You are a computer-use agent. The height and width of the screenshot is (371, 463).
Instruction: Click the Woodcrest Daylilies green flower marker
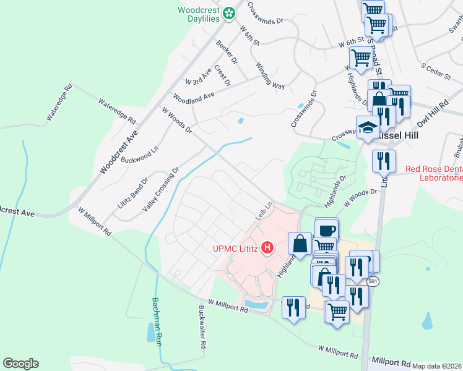click(230, 12)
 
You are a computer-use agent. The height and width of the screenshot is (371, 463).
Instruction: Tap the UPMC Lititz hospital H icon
click(268, 249)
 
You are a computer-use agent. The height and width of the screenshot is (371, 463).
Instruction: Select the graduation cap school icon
click(368, 127)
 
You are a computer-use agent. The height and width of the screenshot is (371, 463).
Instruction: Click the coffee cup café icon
click(327, 230)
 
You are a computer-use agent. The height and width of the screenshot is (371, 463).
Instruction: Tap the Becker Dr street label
click(227, 53)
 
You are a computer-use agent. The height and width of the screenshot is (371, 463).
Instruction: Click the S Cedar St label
click(436, 70)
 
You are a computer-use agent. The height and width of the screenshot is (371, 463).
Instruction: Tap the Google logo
click(20, 364)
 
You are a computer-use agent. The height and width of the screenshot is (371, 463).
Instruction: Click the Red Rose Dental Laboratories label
click(434, 174)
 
